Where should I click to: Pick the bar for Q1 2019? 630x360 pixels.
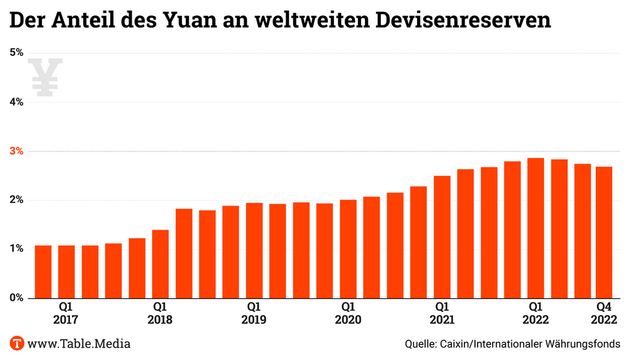click(x=254, y=250)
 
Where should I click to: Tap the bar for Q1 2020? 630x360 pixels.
click(x=348, y=249)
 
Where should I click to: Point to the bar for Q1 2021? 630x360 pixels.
click(x=442, y=237)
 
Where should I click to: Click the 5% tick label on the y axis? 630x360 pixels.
click(x=17, y=53)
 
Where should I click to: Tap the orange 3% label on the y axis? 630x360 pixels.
click(x=17, y=151)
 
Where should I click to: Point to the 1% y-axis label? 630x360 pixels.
click(x=17, y=249)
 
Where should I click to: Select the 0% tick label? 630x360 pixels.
click(x=17, y=298)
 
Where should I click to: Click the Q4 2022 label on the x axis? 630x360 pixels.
click(x=604, y=313)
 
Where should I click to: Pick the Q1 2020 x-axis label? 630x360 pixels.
click(x=348, y=313)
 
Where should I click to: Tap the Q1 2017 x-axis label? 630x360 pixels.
click(x=66, y=313)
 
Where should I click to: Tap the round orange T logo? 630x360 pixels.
click(x=17, y=343)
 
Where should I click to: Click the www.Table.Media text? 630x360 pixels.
click(x=79, y=343)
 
